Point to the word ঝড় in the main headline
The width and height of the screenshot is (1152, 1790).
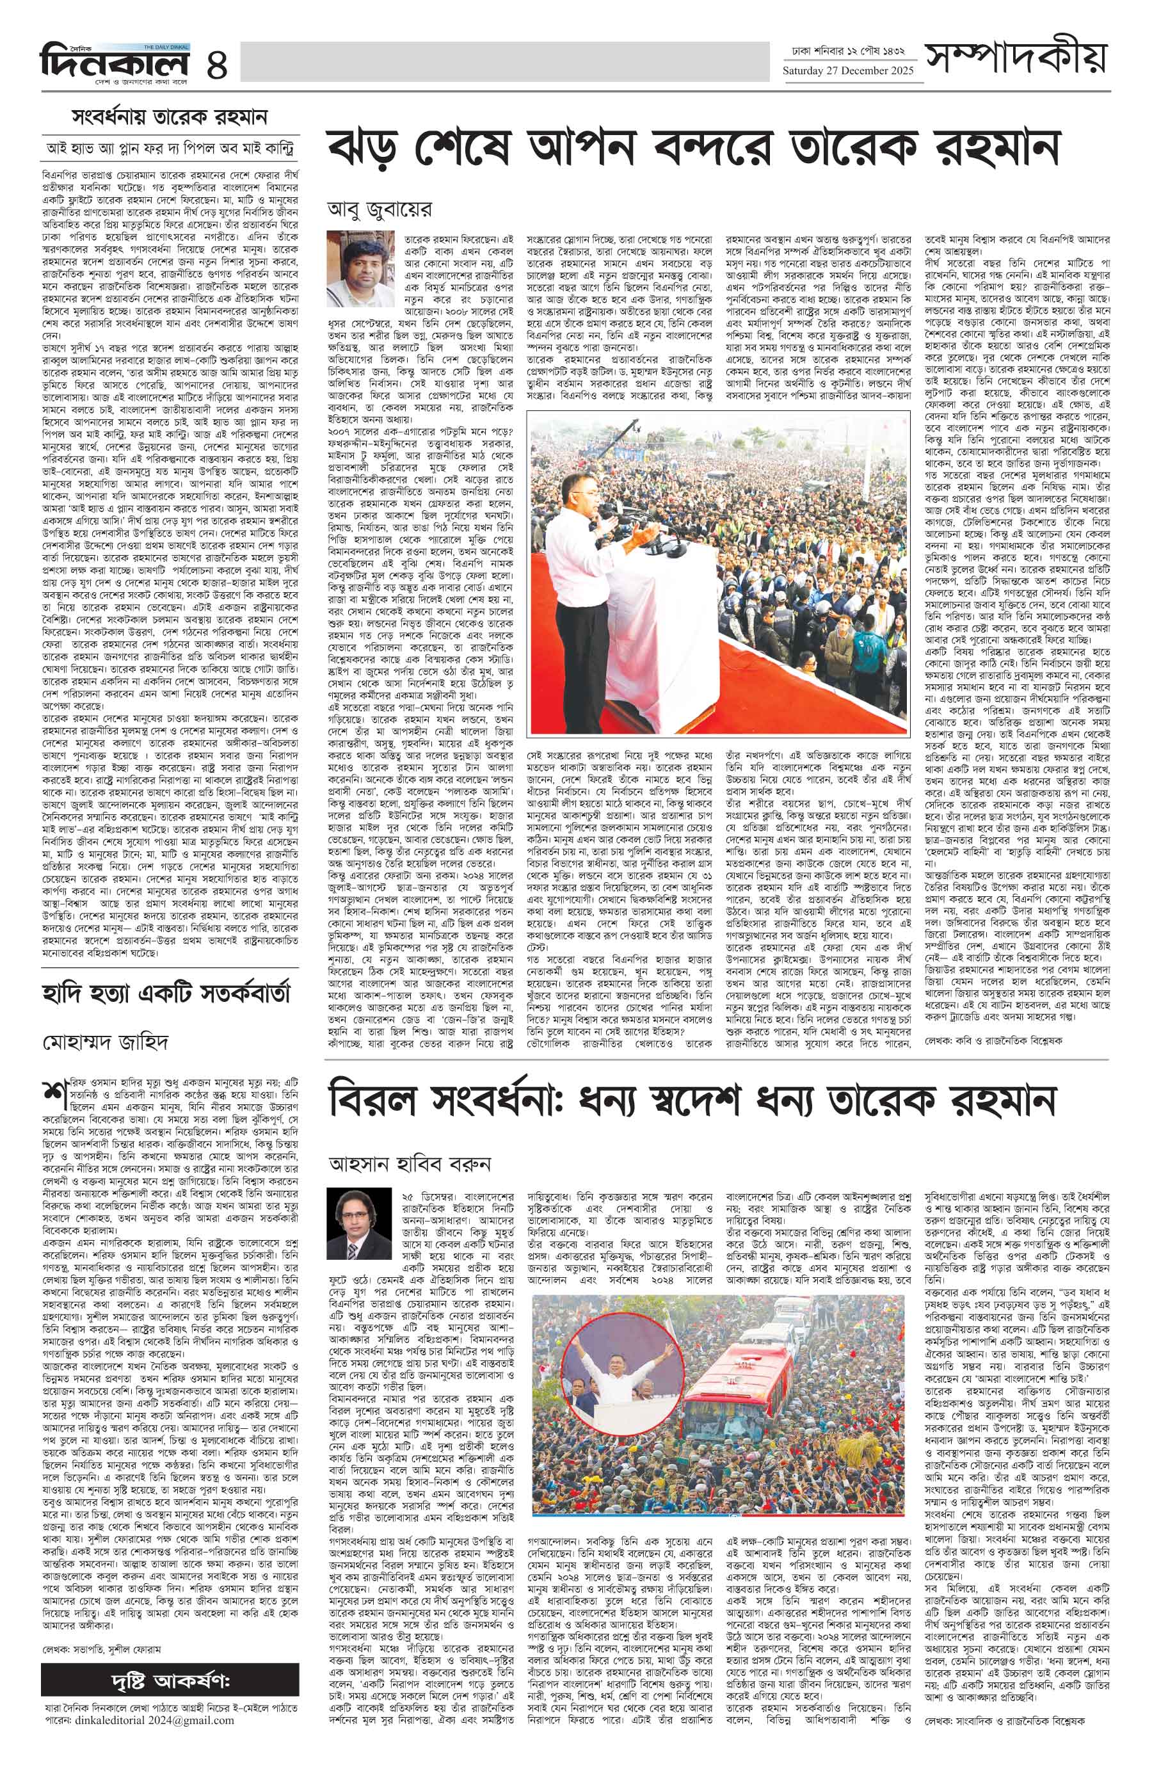click(364, 149)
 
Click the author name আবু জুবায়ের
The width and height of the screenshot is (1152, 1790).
click(380, 209)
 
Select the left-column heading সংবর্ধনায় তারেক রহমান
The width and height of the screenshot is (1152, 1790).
click(170, 118)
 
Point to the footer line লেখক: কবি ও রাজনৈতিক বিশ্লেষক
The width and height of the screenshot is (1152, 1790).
click(993, 1040)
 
